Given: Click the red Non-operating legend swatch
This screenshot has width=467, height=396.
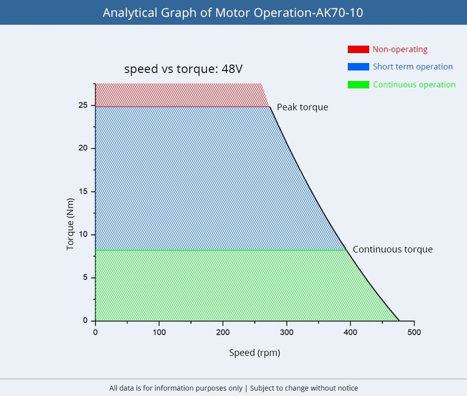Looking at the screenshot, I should point(358,49).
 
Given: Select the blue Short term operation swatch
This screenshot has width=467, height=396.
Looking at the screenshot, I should point(358,67).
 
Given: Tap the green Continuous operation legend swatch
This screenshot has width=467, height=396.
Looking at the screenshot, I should point(358,85).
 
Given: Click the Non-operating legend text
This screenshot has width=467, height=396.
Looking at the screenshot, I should point(400,49).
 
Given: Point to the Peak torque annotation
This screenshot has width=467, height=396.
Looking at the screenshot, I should point(302,107).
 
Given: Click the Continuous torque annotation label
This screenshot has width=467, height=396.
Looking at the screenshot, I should point(392,249).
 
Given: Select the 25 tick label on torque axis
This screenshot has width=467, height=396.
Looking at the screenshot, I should point(83,105).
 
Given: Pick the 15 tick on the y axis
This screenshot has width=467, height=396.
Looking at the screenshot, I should point(83,191).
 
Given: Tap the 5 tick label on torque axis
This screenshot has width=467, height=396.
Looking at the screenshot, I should point(85,277).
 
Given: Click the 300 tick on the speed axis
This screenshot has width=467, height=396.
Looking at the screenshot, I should point(286,332).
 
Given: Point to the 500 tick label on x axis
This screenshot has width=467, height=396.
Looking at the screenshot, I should point(414,332).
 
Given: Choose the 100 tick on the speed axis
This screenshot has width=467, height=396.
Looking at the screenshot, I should point(159,332).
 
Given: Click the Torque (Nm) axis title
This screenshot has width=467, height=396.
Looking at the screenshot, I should point(70,224).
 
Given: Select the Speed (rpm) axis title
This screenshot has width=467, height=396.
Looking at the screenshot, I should point(254,353).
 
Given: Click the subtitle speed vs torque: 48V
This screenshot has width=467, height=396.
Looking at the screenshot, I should point(183,69).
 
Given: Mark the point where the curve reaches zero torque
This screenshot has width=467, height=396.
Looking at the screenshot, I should point(399,321).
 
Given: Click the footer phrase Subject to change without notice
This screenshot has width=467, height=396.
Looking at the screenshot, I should point(304,388).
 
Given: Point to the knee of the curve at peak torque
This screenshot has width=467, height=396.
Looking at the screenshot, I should point(270,107).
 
